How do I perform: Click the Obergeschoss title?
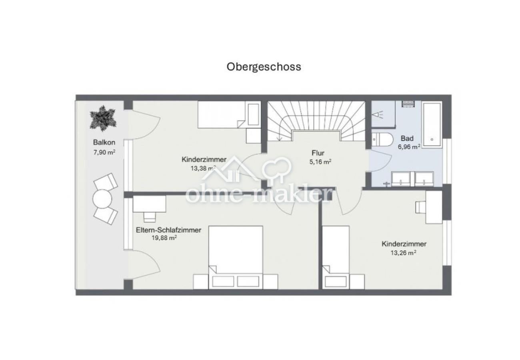264,66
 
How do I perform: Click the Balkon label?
104,142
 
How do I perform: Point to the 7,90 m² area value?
104,152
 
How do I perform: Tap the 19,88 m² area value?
162,238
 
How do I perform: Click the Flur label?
318,153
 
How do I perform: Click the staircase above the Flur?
316,118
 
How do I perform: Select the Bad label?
407,138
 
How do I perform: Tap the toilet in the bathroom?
382,139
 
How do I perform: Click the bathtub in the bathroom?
432,124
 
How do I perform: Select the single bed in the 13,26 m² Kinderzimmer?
336,256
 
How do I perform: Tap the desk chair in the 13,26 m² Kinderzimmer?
421,207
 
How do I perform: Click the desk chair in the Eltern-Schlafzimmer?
150,216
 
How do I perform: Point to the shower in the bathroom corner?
382,114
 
